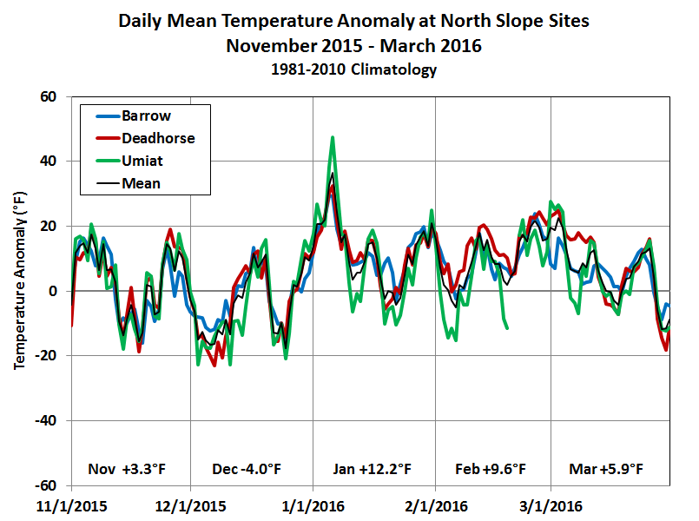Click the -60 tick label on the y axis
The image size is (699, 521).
[44, 485]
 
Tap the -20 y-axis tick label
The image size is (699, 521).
[44, 356]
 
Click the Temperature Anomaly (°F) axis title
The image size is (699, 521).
[19, 292]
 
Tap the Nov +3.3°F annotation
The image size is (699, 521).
[127, 469]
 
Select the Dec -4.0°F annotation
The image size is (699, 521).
[247, 469]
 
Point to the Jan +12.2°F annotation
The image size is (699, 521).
[372, 469]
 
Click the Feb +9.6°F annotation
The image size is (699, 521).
[491, 469]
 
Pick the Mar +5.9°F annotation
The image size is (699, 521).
[606, 469]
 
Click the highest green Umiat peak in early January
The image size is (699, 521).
[333, 137]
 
